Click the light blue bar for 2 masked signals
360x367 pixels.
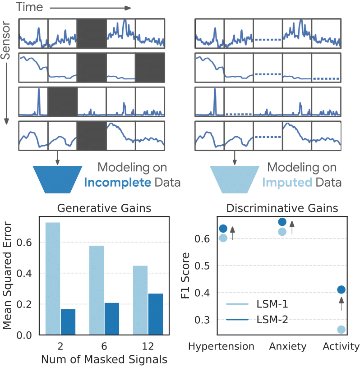click(x=52, y=279)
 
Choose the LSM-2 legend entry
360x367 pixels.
click(x=257, y=320)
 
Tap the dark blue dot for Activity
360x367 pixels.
click(x=341, y=289)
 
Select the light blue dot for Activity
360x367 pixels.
click(x=341, y=330)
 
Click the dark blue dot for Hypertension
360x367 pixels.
click(x=223, y=229)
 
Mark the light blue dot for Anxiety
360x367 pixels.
click(x=282, y=232)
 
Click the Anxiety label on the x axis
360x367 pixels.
click(x=288, y=347)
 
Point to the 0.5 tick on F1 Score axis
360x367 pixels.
click(x=202, y=266)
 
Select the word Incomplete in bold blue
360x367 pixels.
click(x=117, y=183)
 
